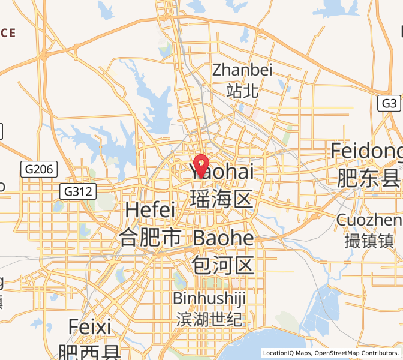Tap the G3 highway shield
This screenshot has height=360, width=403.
[389, 103]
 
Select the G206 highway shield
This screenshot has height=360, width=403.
[40, 169]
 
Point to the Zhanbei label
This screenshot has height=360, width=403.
[242, 70]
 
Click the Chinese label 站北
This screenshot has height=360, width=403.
[242, 91]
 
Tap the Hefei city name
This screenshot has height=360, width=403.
[150, 211]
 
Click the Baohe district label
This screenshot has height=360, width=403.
[223, 238]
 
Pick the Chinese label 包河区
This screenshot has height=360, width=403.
[223, 264]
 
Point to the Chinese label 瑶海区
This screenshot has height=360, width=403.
[222, 198]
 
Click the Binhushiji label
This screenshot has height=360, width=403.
[209, 298]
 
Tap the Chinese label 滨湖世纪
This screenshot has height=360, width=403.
[209, 319]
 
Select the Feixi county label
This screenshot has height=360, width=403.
[89, 327]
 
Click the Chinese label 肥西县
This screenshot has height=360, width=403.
[89, 351]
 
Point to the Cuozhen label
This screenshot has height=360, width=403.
[369, 220]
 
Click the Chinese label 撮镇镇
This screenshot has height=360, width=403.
[369, 241]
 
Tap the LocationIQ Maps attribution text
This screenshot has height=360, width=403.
[287, 353]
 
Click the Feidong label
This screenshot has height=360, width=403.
[367, 151]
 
